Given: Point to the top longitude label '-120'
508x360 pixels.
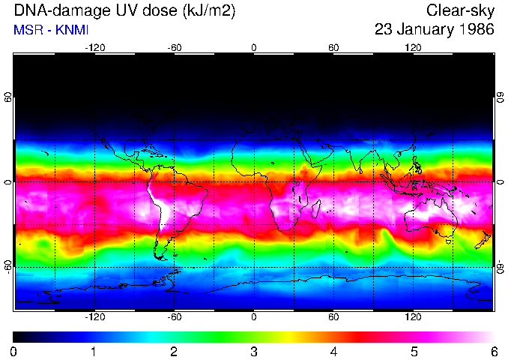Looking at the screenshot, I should (94, 47).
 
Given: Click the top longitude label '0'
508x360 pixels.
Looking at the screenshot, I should (254, 47).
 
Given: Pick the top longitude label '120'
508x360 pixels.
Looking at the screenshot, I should (413, 47).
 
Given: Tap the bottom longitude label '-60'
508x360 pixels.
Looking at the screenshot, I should (175, 316).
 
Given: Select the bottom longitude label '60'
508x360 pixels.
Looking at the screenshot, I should (333, 316).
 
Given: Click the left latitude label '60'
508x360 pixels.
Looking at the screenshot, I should (8, 97).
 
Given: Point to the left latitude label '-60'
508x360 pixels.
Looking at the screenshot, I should (8, 266).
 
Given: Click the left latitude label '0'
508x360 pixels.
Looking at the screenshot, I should (8, 182).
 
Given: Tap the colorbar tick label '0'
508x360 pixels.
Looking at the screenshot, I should (14, 351).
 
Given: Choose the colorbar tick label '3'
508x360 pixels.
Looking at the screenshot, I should (254, 351).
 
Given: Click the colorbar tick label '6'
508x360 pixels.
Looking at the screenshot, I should (493, 351).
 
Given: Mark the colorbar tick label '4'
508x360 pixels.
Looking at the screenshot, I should (333, 351).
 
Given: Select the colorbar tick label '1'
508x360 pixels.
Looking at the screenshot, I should (94, 351).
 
